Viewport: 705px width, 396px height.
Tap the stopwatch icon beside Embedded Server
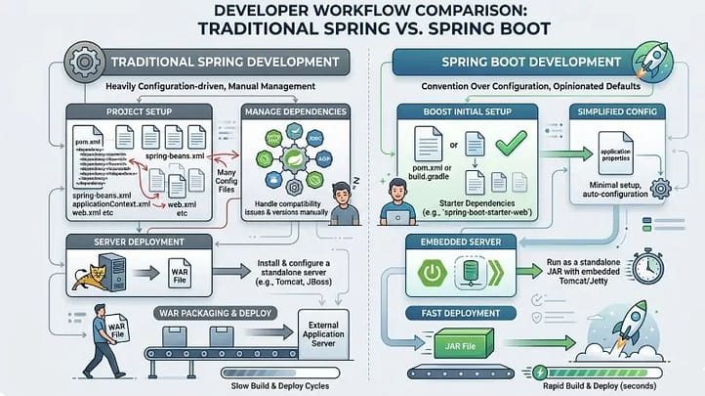(649, 264)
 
